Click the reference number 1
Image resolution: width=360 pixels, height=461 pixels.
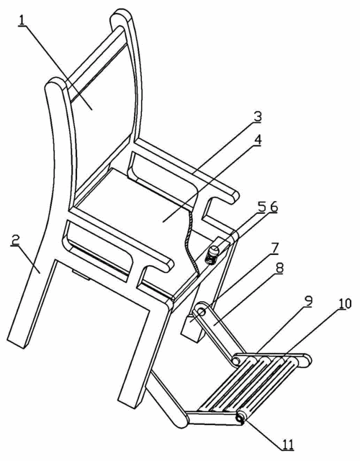coord(22,20)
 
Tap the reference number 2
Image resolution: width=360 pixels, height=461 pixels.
coord(15,240)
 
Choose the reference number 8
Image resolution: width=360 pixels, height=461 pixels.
coord(279,269)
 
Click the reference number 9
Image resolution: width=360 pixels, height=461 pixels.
coord(307,302)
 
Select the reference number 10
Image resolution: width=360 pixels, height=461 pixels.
coord(345,303)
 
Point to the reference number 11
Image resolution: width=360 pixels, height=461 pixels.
coord(288,445)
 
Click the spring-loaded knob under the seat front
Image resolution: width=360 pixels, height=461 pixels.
coord(213,254)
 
